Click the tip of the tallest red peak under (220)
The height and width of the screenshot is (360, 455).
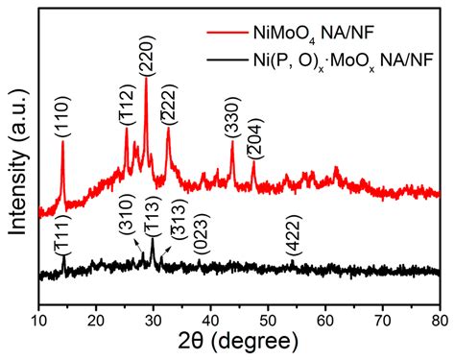(x=146, y=78)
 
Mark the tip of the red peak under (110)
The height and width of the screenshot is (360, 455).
(x=62, y=142)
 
